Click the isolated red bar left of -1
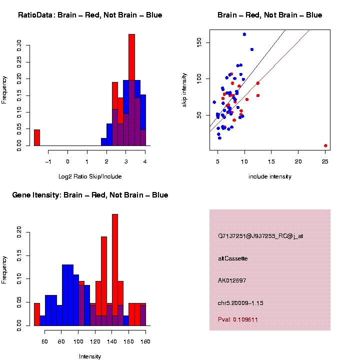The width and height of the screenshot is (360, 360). click(37, 137)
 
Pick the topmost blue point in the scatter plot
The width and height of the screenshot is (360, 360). click(244, 34)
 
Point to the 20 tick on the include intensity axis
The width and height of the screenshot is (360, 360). click(298, 162)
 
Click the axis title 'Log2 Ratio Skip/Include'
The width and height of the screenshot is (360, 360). click(90, 176)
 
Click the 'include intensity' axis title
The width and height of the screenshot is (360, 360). click(270, 176)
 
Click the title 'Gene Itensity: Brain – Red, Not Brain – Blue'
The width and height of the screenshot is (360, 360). click(90, 195)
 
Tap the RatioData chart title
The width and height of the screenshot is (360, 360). click(90, 15)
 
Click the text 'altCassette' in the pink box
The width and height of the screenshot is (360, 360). click(233, 258)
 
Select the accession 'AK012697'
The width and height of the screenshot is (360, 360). click(232, 280)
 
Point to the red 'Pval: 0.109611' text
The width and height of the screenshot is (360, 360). click(238, 319)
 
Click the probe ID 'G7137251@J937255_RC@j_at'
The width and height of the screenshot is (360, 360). click(260, 236)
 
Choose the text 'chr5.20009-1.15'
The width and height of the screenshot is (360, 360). click(241, 302)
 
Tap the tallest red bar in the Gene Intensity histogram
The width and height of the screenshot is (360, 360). click(115, 270)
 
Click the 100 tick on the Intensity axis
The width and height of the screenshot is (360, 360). click(78, 341)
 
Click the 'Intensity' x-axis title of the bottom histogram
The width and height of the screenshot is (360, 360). click(90, 356)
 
